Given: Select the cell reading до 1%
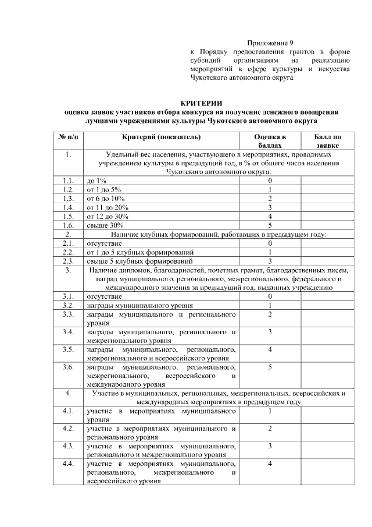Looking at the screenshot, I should (96, 181).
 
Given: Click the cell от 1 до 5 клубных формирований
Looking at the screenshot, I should (140, 252).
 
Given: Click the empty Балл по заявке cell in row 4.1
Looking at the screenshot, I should (325, 415).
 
